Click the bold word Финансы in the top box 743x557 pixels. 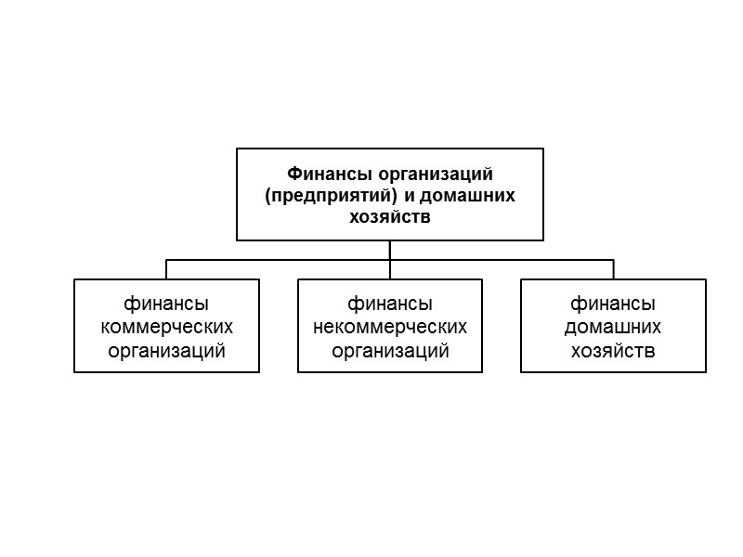(320, 174)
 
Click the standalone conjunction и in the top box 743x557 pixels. (409, 196)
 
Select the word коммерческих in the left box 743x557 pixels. (166, 327)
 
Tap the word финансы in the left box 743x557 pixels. (166, 304)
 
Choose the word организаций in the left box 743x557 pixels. (166, 350)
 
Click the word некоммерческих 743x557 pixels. (390, 327)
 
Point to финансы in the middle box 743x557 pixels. (390, 304)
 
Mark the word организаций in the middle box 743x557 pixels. (390, 350)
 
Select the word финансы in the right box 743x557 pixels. (613, 304)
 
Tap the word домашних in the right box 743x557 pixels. (613, 327)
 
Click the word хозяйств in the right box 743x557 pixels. (613, 350)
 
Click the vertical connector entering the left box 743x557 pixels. (166, 270)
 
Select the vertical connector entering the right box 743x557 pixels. (613, 270)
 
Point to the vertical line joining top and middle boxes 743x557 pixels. (390, 260)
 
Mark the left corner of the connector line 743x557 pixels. (166, 260)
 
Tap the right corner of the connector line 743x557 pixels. (613, 260)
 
